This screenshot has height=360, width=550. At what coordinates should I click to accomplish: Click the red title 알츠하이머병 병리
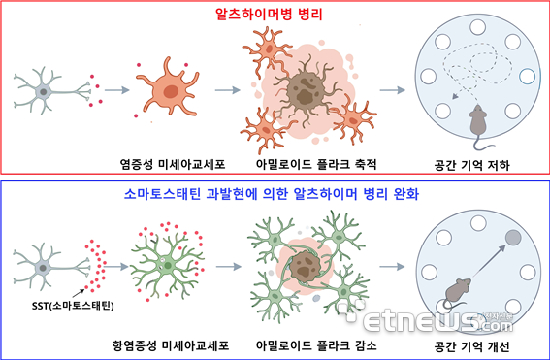275,15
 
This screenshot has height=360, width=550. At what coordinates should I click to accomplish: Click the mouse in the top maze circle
476,120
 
